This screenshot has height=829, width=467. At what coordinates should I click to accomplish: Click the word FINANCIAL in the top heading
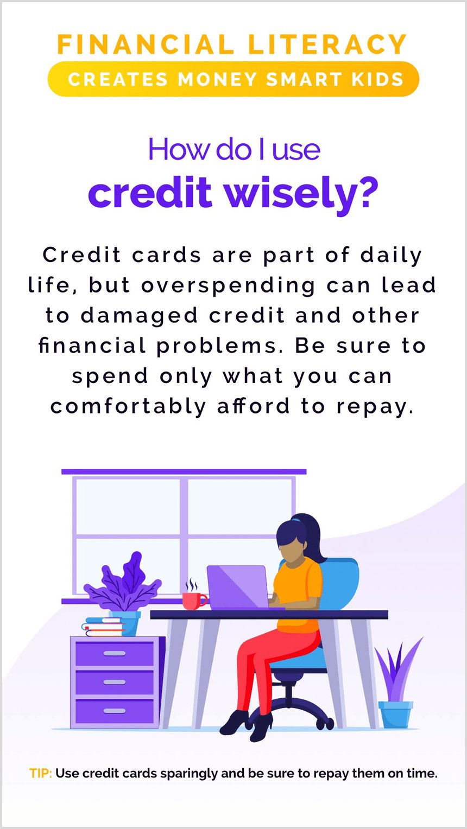pos(145,45)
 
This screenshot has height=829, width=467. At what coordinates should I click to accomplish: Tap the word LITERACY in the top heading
pos(327,45)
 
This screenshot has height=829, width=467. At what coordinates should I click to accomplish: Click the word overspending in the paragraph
pos(228,285)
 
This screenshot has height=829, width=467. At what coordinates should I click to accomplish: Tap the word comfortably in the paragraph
pos(128,406)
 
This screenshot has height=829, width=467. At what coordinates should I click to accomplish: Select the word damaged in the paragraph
pos(140,316)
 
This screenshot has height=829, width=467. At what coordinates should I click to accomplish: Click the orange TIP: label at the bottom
pos(41,773)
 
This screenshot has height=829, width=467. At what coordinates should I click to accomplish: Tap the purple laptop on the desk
pos(238,587)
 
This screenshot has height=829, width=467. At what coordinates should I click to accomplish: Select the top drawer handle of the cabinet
pos(115,654)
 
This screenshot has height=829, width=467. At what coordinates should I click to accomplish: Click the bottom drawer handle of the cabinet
pos(115,711)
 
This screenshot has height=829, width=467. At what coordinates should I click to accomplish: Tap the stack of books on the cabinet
pos(103,627)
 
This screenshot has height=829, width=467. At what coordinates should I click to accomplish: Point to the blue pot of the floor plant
pos(395,715)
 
